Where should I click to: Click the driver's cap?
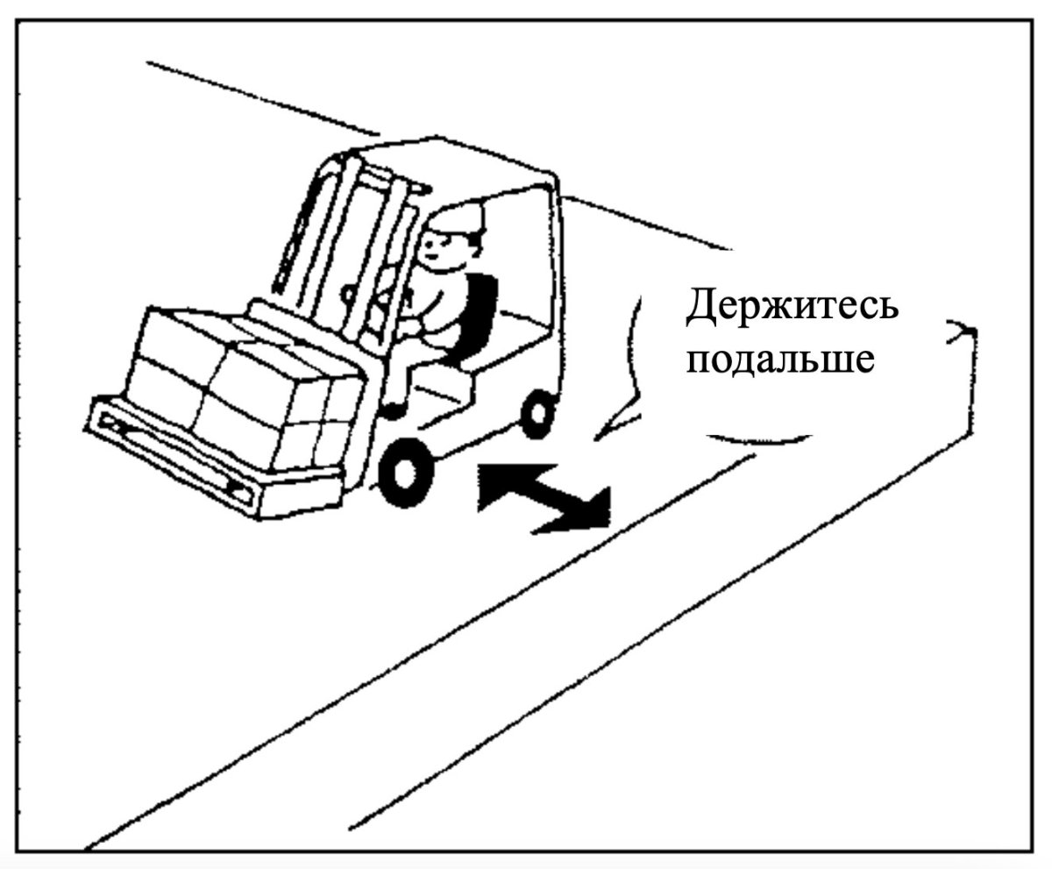coord(456,221)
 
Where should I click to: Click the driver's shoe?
coord(392,410)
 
